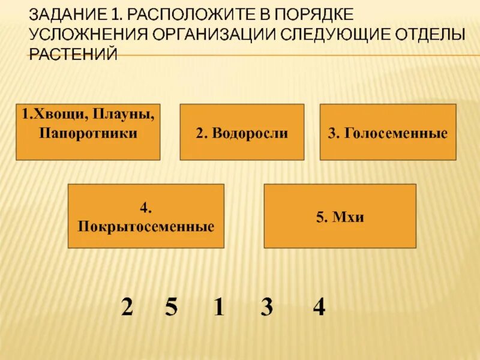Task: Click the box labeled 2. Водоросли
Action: click(x=242, y=132)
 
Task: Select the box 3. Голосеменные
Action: click(x=388, y=132)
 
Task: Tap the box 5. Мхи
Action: click(x=340, y=216)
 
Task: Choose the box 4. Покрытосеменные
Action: click(x=146, y=216)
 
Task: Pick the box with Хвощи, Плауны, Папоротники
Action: click(x=88, y=132)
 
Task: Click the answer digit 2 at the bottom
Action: click(x=127, y=308)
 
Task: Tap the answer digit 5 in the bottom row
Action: click(x=171, y=308)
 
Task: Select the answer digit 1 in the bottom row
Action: click(x=218, y=308)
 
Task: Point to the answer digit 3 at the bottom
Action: click(x=266, y=308)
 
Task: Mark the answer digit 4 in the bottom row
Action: click(x=319, y=308)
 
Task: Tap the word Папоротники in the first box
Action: click(x=88, y=133)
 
